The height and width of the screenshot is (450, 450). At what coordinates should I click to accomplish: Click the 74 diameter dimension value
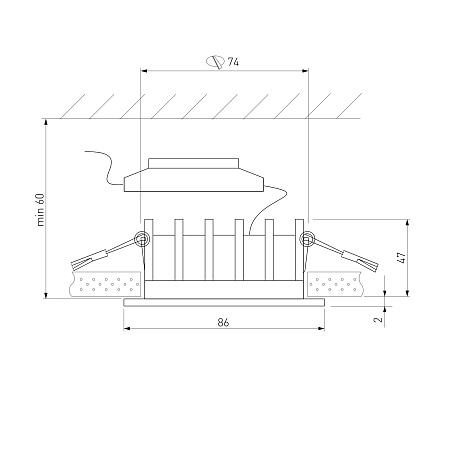click(233, 62)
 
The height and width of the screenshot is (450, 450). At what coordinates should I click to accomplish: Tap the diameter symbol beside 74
click(215, 62)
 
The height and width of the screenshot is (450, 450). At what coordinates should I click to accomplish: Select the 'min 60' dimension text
click(40, 210)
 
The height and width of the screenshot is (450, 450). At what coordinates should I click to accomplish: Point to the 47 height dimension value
click(402, 257)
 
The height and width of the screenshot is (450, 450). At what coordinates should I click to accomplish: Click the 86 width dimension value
click(223, 322)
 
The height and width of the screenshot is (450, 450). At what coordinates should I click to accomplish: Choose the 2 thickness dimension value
click(378, 319)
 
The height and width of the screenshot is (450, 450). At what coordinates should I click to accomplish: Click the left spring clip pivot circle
click(141, 239)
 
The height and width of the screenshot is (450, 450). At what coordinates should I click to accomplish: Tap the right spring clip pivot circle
click(307, 239)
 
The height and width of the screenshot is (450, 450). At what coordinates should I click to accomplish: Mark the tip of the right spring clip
click(376, 267)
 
